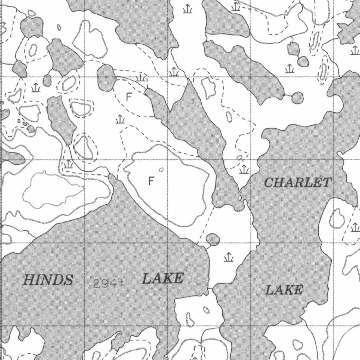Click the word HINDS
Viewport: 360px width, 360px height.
pyautogui.click(x=48, y=280)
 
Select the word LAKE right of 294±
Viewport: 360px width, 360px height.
pyautogui.click(x=162, y=279)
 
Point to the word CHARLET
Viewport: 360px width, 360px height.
pyautogui.click(x=297, y=183)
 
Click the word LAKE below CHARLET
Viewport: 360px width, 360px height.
pyautogui.click(x=284, y=290)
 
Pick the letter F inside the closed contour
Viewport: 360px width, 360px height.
pyautogui.click(x=151, y=181)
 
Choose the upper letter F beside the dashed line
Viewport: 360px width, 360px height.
pyautogui.click(x=129, y=97)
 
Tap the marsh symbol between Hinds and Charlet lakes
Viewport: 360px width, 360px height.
pyautogui.click(x=229, y=257)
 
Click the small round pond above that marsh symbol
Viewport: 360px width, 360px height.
pyautogui.click(x=213, y=240)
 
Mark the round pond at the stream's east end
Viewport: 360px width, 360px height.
pyautogui.click(x=297, y=97)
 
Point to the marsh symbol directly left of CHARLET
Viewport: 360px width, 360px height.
pyautogui.click(x=244, y=169)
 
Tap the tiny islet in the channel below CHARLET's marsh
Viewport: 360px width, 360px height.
pyautogui.click(x=240, y=198)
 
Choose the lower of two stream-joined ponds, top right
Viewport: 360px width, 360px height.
pyautogui.click(x=302, y=62)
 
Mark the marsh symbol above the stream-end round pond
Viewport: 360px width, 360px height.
pyautogui.click(x=289, y=68)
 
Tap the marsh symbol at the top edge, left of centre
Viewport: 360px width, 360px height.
pyautogui.click(x=187, y=9)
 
